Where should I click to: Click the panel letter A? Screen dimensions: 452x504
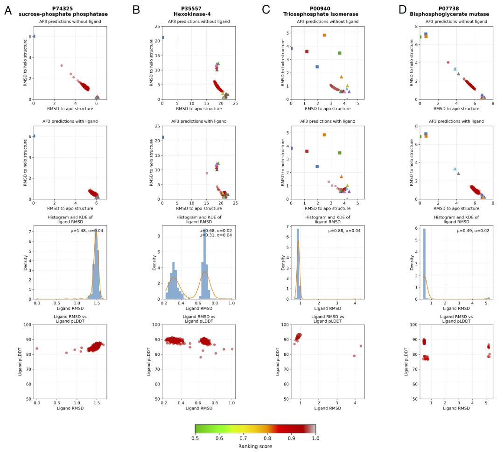click(x=8, y=10)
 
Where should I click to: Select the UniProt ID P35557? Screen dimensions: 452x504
click(x=194, y=8)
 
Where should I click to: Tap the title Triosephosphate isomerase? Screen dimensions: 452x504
click(x=324, y=14)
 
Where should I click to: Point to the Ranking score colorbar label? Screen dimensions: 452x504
click(x=255, y=446)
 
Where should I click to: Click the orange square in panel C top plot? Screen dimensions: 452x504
click(x=324, y=35)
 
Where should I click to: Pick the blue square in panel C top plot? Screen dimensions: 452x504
click(x=317, y=67)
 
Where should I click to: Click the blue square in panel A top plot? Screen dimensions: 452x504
click(x=34, y=36)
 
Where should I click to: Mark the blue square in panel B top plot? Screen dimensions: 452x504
click(x=162, y=37)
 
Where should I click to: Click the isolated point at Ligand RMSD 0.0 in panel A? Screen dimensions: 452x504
click(x=37, y=348)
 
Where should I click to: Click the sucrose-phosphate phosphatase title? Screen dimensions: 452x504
click(x=63, y=14)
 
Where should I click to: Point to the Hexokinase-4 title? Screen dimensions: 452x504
click(x=194, y=14)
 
